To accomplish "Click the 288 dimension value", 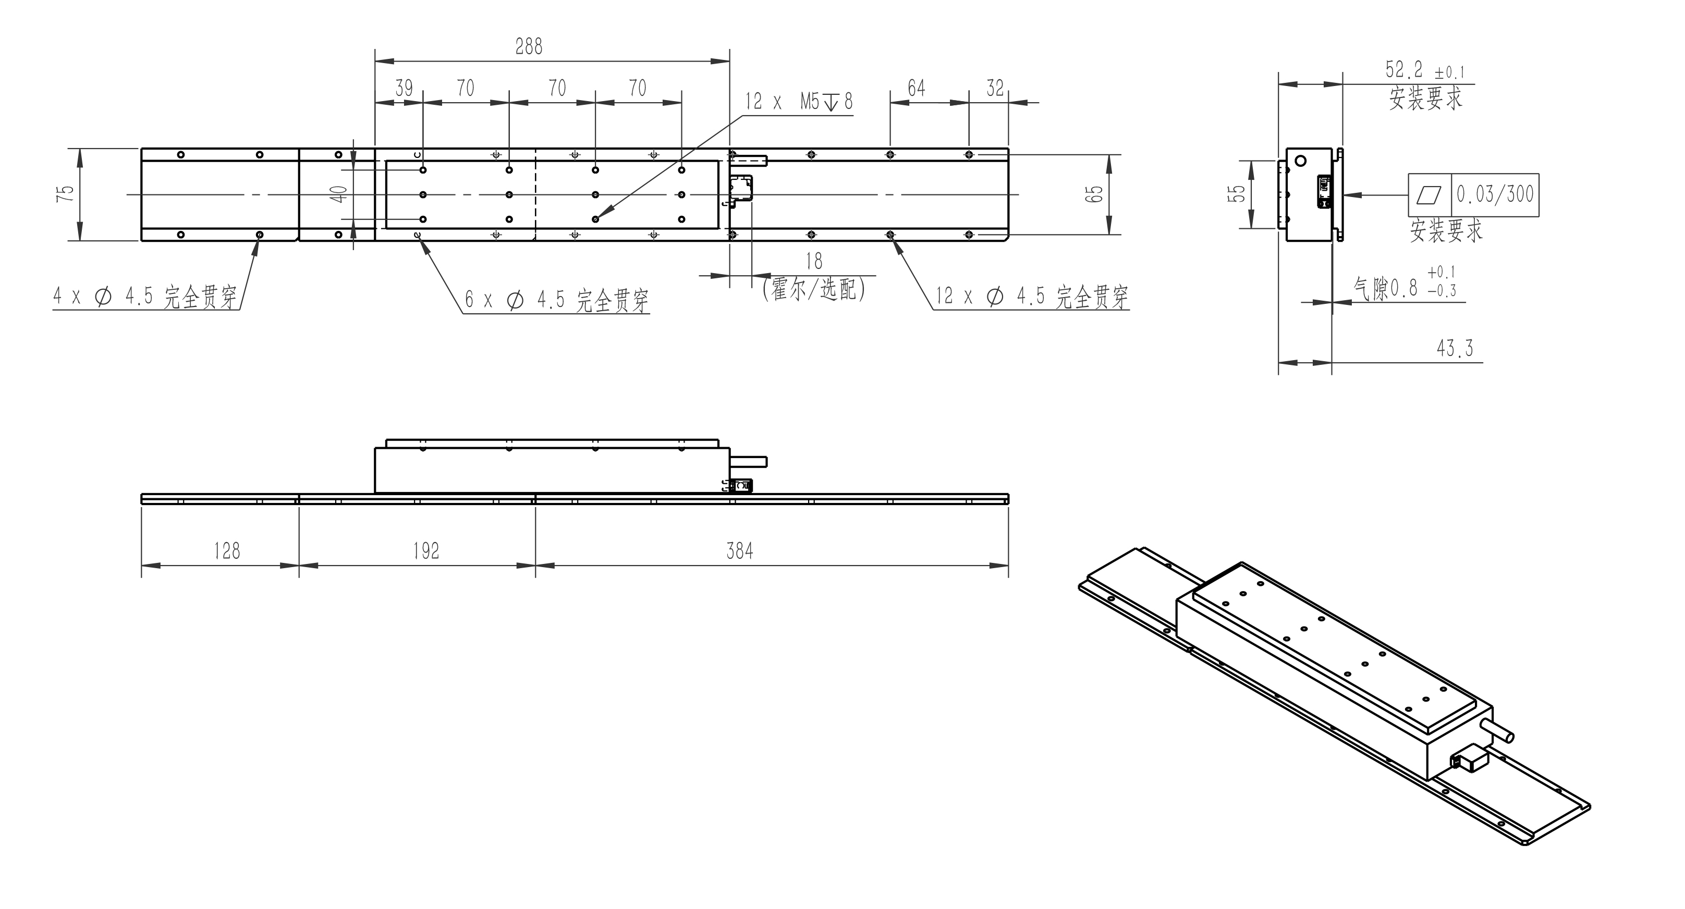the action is (x=529, y=46).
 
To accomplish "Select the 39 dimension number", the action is (x=404, y=88).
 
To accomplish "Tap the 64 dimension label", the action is (x=917, y=88).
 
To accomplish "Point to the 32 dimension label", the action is (x=995, y=88).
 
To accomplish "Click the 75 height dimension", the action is (x=65, y=193).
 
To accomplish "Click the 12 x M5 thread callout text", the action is (x=799, y=101).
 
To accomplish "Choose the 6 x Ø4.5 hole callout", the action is (x=557, y=300).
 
